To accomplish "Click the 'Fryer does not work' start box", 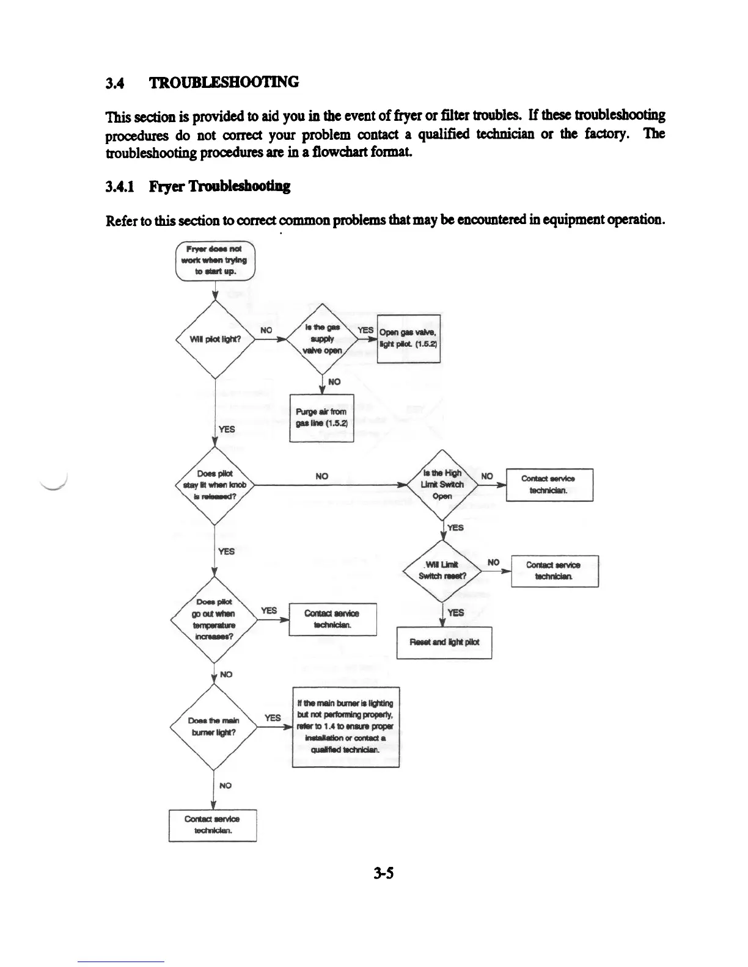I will point(215,261).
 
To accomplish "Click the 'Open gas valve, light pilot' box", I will point(408,338).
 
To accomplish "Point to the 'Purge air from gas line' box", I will point(321,418).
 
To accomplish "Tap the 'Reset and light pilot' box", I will point(444,642).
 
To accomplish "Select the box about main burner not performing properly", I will point(346,726).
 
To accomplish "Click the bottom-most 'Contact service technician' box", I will point(212,825).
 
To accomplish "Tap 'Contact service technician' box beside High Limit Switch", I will point(549,484).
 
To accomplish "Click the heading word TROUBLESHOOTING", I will point(224,82).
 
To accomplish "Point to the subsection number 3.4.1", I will point(123,186).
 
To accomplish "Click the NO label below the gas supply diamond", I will point(334,382).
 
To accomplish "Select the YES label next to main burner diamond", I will point(273,717).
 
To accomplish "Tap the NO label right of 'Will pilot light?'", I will point(266,330).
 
